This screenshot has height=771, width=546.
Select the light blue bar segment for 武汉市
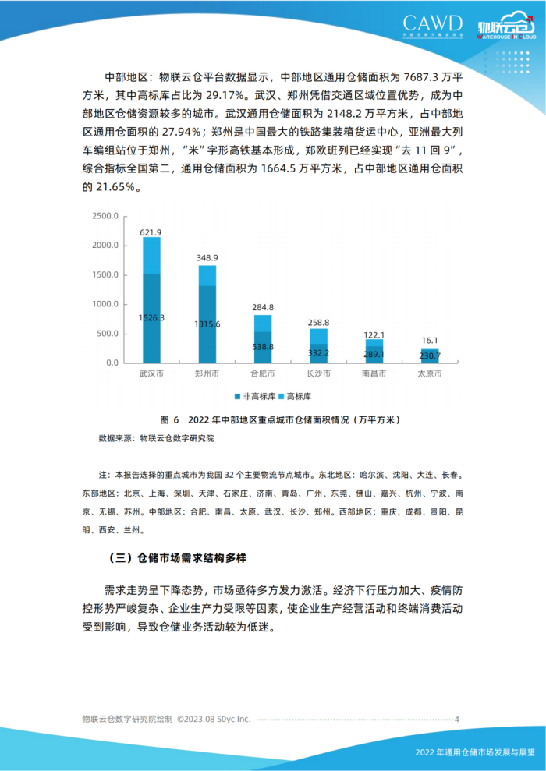tap(151, 255)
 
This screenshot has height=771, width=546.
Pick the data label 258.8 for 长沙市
tap(318, 321)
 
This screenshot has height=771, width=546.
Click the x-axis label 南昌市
tap(374, 374)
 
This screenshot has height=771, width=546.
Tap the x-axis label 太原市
tap(429, 374)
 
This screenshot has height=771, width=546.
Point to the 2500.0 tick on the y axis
tap(105, 216)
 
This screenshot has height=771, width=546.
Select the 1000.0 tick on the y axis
tap(105, 304)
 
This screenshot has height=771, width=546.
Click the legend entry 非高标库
tap(256, 395)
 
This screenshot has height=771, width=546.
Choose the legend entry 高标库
tap(303, 395)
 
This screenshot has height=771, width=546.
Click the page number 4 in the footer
tap(457, 720)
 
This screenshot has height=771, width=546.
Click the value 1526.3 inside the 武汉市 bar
tap(151, 318)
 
